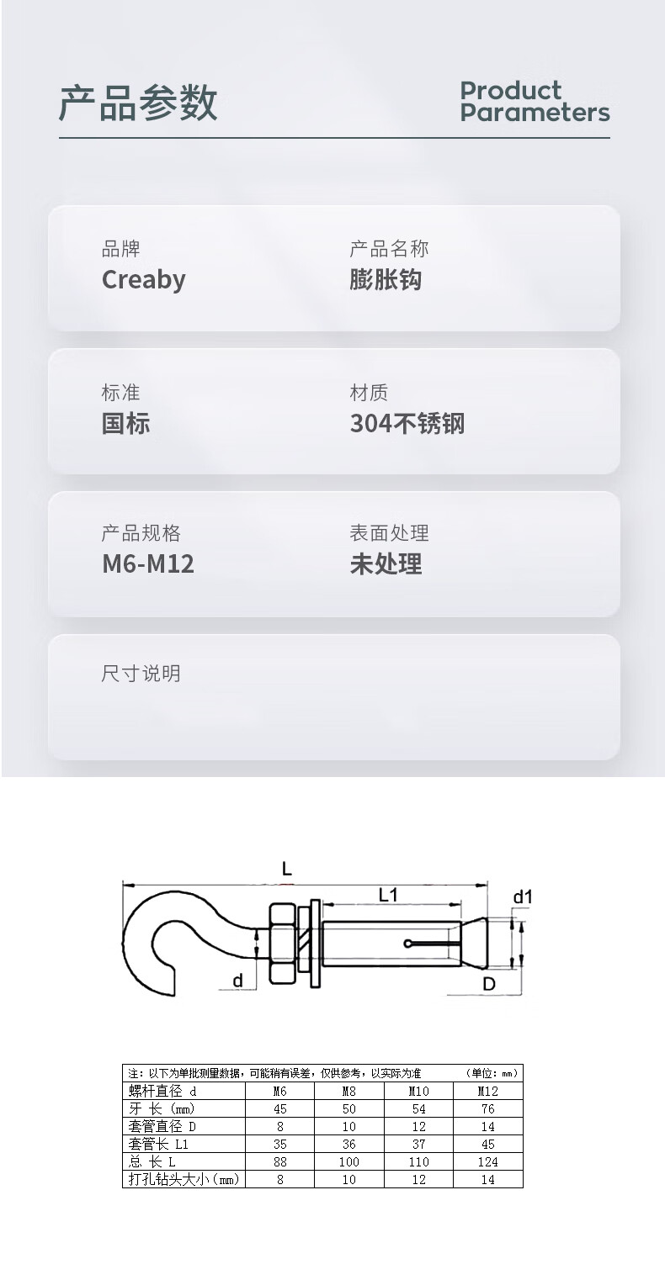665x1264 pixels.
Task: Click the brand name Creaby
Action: click(143, 279)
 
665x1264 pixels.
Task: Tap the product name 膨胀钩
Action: click(386, 279)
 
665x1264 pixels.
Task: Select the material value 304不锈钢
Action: click(407, 423)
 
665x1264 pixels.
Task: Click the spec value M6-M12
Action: click(147, 563)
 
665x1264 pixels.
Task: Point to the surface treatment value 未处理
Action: click(386, 563)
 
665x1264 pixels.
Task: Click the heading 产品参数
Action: click(138, 103)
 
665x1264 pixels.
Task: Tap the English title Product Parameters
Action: click(534, 102)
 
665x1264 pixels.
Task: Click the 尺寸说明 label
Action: click(141, 674)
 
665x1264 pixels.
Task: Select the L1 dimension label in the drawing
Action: click(387, 895)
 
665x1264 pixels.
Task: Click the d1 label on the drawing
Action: click(523, 897)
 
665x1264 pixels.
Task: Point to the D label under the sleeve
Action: click(488, 984)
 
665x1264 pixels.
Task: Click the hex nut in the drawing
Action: click(280, 943)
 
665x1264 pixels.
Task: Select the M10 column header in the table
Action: click(418, 1091)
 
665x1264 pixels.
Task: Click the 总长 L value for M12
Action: click(487, 1161)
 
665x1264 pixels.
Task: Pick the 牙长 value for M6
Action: click(280, 1108)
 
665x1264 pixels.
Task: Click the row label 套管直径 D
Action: click(162, 1126)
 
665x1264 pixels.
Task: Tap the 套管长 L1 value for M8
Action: click(349, 1144)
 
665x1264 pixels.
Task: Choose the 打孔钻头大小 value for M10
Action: click(418, 1179)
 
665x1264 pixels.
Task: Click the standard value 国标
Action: click(125, 423)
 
